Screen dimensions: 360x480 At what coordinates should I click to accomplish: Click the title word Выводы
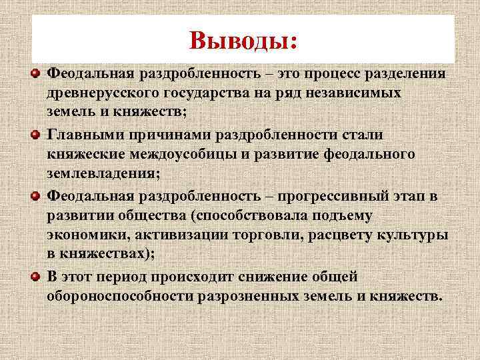pyautogui.click(x=242, y=41)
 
